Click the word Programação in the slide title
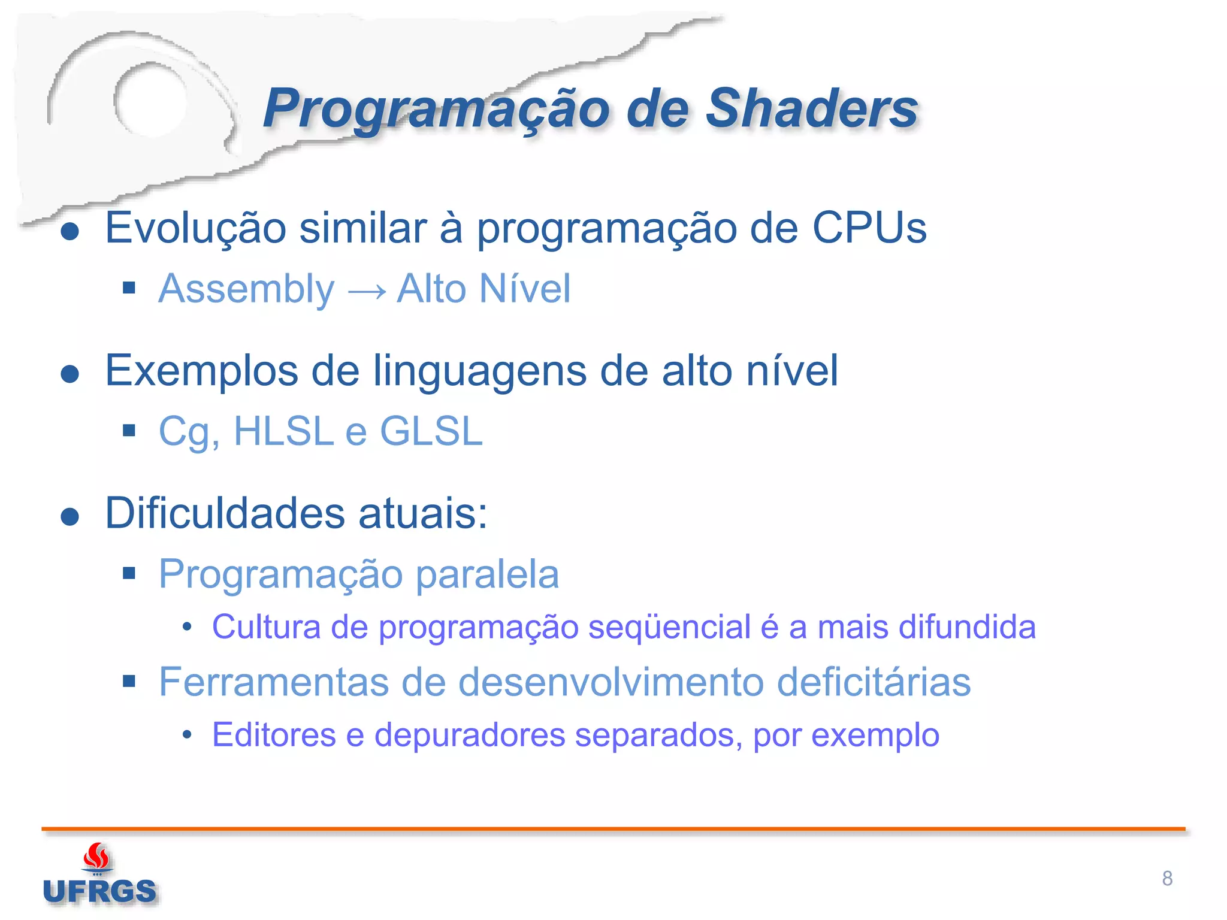tap(436, 110)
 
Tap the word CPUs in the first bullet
tap(869, 228)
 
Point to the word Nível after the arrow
tap(525, 289)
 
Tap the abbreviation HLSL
tap(283, 431)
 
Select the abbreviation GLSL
tap(431, 431)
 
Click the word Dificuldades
tap(225, 513)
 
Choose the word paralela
tap(487, 574)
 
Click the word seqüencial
tap(669, 627)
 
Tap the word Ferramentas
tap(274, 682)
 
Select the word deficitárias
tap(874, 682)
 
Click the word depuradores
tap(470, 735)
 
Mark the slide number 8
tap(1167, 879)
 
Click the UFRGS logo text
tap(99, 892)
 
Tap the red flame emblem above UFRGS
tap(96, 857)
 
